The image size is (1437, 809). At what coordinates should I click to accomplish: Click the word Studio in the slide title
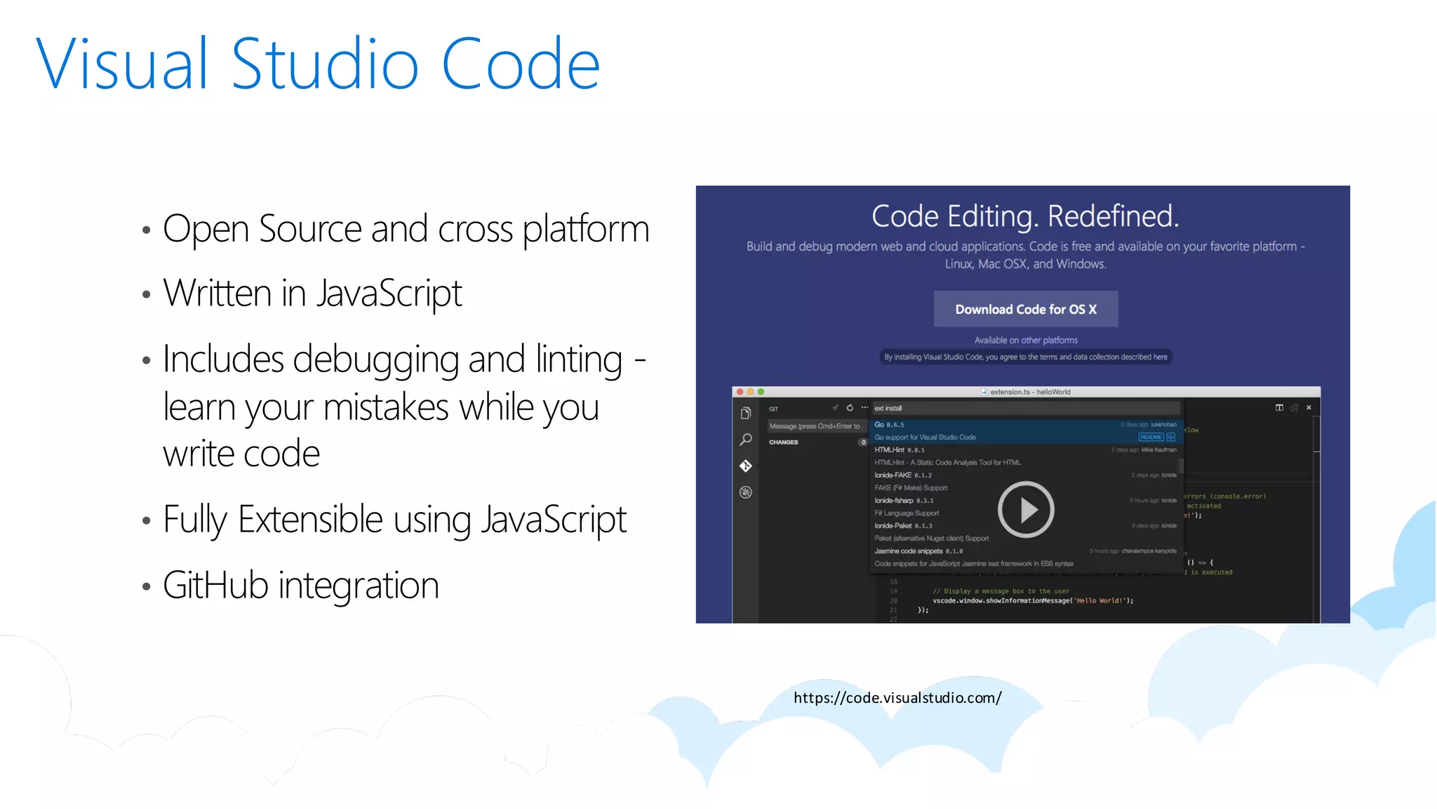click(324, 65)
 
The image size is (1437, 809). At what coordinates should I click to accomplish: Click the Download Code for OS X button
click(1025, 309)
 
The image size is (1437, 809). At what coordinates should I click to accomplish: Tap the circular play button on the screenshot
click(1025, 509)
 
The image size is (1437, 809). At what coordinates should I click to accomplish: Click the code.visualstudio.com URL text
click(897, 697)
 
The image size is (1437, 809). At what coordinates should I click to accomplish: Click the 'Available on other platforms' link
click(1025, 340)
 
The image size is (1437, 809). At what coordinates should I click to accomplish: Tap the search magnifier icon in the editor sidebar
click(746, 440)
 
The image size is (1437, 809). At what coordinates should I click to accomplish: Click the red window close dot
click(740, 392)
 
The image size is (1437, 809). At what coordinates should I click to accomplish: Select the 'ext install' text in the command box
click(888, 408)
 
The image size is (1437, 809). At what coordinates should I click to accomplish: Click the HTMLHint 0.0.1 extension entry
click(900, 450)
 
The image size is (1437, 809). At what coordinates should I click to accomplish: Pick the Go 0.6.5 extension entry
click(889, 425)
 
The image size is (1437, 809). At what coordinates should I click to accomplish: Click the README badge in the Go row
click(1151, 437)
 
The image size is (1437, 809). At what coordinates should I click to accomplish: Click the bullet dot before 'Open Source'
click(146, 230)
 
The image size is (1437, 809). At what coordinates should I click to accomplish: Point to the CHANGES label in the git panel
click(784, 442)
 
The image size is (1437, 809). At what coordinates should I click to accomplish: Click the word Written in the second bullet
click(217, 293)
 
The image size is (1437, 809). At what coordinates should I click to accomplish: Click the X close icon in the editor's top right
click(1309, 407)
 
